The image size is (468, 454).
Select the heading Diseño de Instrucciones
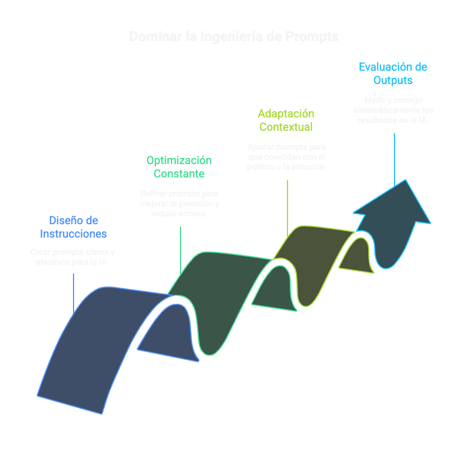(x=74, y=227)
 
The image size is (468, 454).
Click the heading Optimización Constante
(x=179, y=167)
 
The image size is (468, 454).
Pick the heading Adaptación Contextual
(x=286, y=120)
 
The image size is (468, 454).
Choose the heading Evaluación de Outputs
(x=393, y=73)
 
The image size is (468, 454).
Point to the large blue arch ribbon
(x=89, y=345)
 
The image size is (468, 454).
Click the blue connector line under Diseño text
(x=74, y=292)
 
